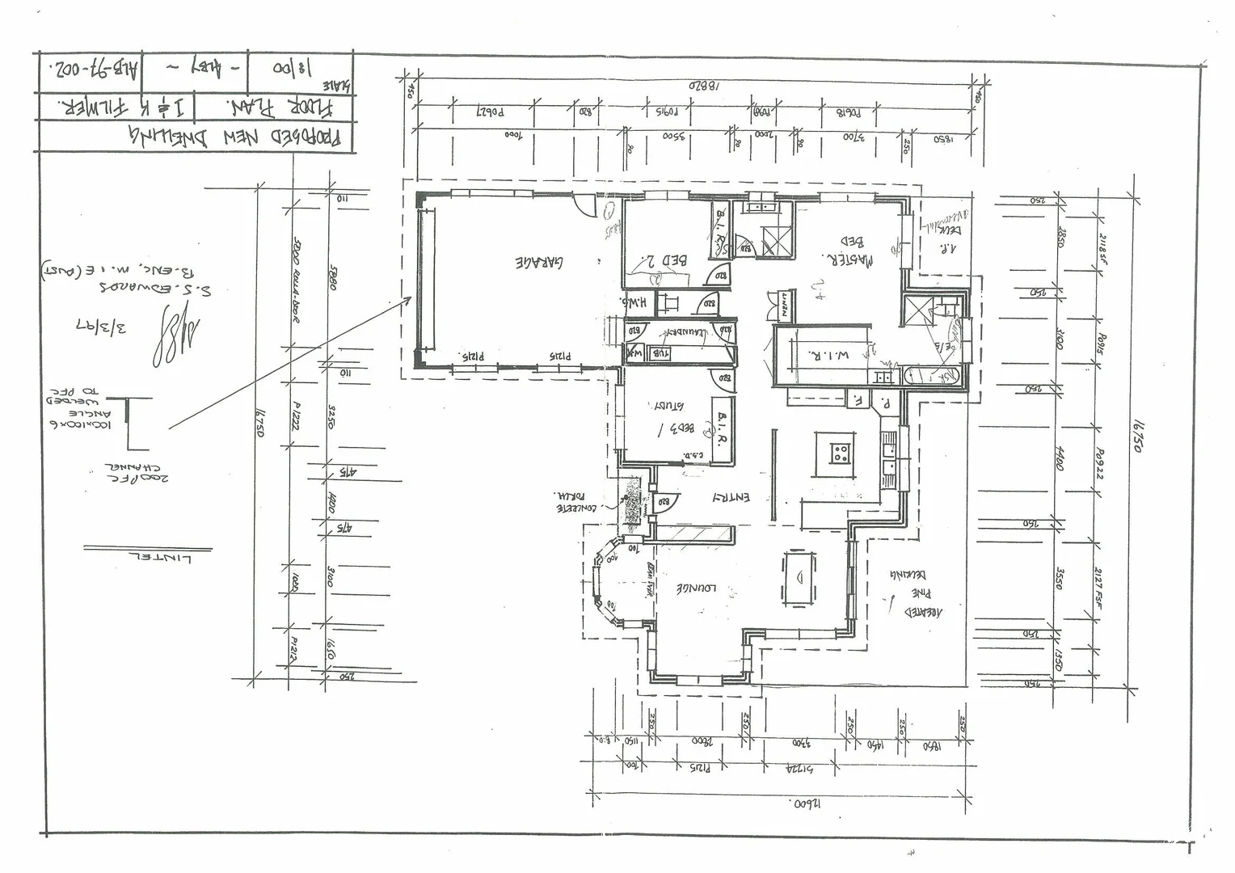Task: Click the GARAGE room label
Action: pyautogui.click(x=540, y=263)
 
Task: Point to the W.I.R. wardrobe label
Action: pyautogui.click(x=820, y=353)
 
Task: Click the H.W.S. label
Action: pyautogui.click(x=634, y=302)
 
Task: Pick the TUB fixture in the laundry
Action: pyautogui.click(x=659, y=352)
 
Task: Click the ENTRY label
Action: pyautogui.click(x=730, y=498)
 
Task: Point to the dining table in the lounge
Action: pyautogui.click(x=799, y=577)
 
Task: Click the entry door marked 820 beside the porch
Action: pyautogui.click(x=665, y=503)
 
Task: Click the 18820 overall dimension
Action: pyautogui.click(x=703, y=84)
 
